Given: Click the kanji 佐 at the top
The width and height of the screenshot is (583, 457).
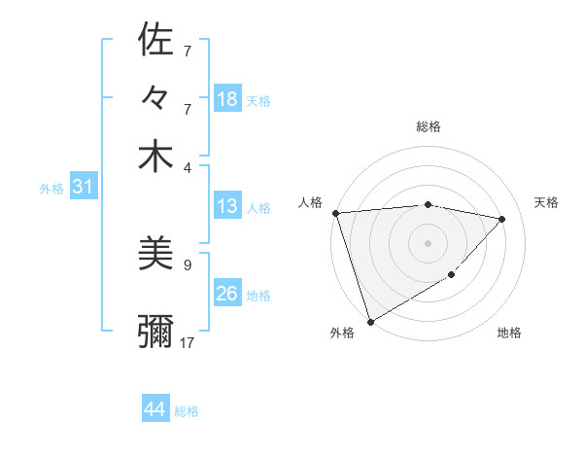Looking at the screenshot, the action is click(x=155, y=40).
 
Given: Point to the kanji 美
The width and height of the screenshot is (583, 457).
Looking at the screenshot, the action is click(x=155, y=254).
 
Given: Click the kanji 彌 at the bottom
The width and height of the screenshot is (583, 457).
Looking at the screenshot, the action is click(x=155, y=332).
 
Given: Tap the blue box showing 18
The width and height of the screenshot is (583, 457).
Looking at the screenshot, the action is click(x=227, y=99).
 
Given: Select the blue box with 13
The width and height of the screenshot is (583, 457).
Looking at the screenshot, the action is click(x=226, y=206).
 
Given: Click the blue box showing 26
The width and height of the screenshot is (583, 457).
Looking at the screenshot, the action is click(x=227, y=294).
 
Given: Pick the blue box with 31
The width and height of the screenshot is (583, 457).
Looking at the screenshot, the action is click(x=83, y=188).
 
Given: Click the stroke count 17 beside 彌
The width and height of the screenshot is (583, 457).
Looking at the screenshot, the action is click(x=188, y=342).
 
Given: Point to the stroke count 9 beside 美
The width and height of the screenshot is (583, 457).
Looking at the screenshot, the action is click(x=188, y=264).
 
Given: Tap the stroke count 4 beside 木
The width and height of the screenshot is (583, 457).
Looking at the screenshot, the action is click(x=188, y=166).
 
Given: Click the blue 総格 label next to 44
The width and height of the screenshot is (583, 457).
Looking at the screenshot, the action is click(x=187, y=411).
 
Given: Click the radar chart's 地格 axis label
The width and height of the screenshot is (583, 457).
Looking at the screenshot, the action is click(x=509, y=333).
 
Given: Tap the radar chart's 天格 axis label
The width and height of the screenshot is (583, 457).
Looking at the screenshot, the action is click(x=546, y=202).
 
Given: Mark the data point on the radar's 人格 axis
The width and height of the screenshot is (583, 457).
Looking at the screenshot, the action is click(x=335, y=213).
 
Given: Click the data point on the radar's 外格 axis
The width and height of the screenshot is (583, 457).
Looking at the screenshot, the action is click(x=370, y=321).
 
